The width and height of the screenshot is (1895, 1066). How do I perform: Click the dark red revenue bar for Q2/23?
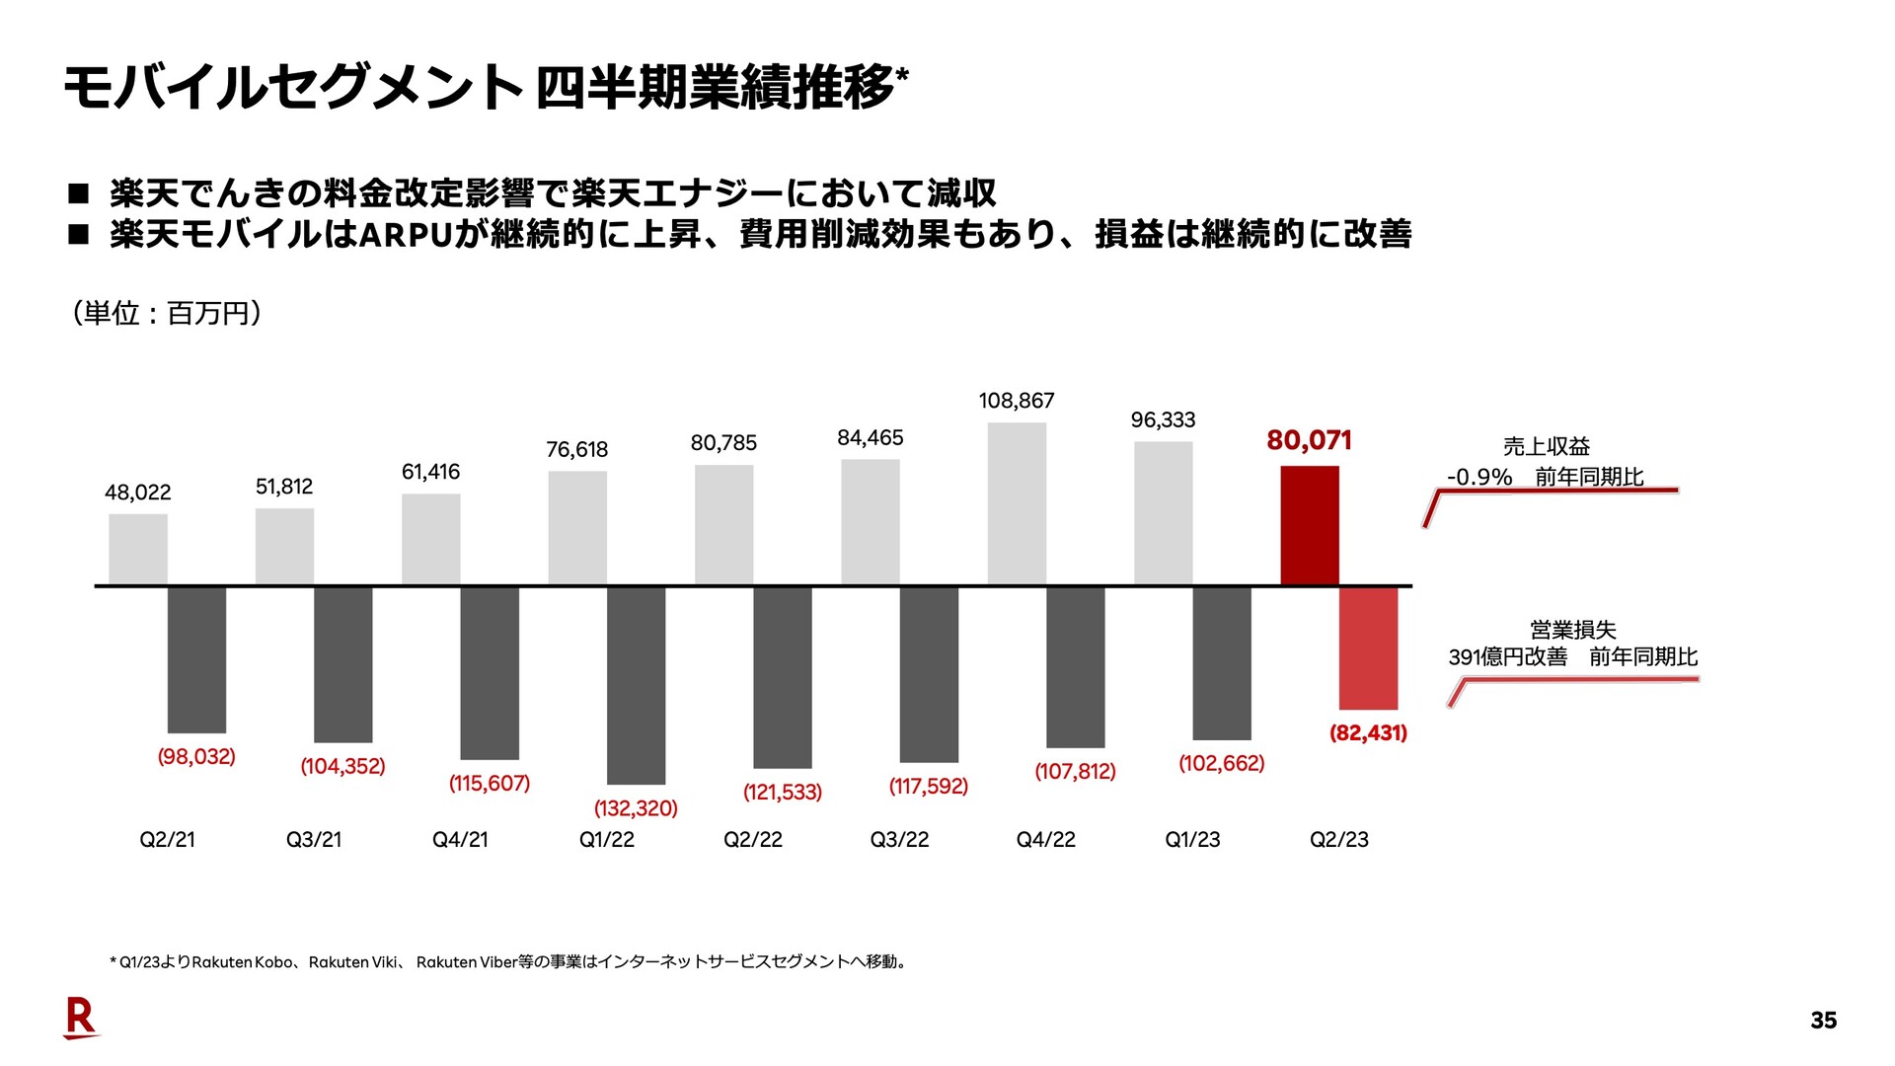pyautogui.click(x=1310, y=525)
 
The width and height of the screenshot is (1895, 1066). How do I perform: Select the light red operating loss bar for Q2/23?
pyautogui.click(x=1368, y=647)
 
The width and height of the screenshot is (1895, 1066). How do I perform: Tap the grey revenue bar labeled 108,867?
pyautogui.click(x=1017, y=503)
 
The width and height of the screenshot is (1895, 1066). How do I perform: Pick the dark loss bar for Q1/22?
pyautogui.click(x=636, y=685)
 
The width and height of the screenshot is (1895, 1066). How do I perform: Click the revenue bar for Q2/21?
pyautogui.click(x=138, y=549)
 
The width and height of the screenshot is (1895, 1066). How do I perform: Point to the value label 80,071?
pyautogui.click(x=1309, y=440)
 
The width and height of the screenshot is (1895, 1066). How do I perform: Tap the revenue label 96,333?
pyautogui.click(x=1163, y=419)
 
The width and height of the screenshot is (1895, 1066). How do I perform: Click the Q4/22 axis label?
pyautogui.click(x=1045, y=839)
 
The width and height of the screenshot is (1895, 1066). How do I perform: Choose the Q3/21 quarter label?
pyautogui.click(x=314, y=839)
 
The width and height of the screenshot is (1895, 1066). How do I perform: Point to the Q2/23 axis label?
pyautogui.click(x=1338, y=839)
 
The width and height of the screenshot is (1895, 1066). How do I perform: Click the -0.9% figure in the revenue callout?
pyautogui.click(x=1478, y=477)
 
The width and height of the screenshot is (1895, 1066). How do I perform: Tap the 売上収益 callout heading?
pyautogui.click(x=1546, y=446)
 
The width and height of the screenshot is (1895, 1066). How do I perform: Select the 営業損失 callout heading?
pyautogui.click(x=1572, y=630)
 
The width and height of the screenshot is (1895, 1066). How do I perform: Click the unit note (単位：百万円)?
pyautogui.click(x=166, y=313)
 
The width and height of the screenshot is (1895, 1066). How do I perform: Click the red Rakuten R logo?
pyautogui.click(x=80, y=1018)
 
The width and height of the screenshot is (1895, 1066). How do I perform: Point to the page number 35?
pyautogui.click(x=1823, y=1021)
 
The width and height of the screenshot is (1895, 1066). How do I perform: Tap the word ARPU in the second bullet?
pyautogui.click(x=405, y=235)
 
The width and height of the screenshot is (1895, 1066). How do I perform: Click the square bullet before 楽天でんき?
pyautogui.click(x=79, y=192)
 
